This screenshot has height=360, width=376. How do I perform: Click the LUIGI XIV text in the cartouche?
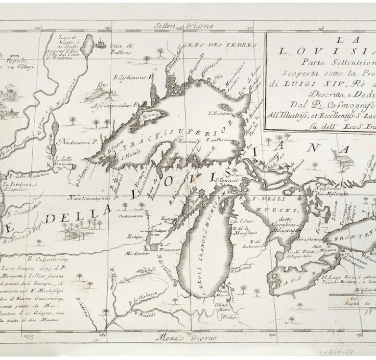(302, 82)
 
